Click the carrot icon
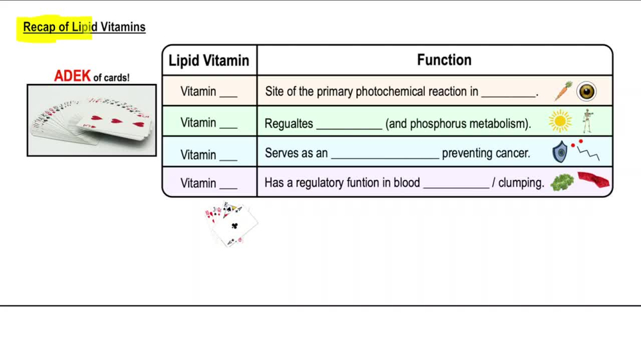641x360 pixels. (563, 91)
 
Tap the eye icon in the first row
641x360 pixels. (586, 92)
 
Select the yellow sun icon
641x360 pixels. (560, 121)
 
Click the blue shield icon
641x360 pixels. (560, 152)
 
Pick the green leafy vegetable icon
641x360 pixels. (562, 182)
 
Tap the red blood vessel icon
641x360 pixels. (593, 181)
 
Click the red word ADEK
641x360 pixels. (72, 76)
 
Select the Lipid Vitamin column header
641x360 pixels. (209, 61)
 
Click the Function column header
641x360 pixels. (444, 60)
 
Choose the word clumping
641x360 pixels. (521, 183)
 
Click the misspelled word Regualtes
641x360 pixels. (288, 124)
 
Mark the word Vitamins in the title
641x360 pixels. (123, 27)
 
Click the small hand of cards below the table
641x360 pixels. (231, 224)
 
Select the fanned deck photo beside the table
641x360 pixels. (92, 120)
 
